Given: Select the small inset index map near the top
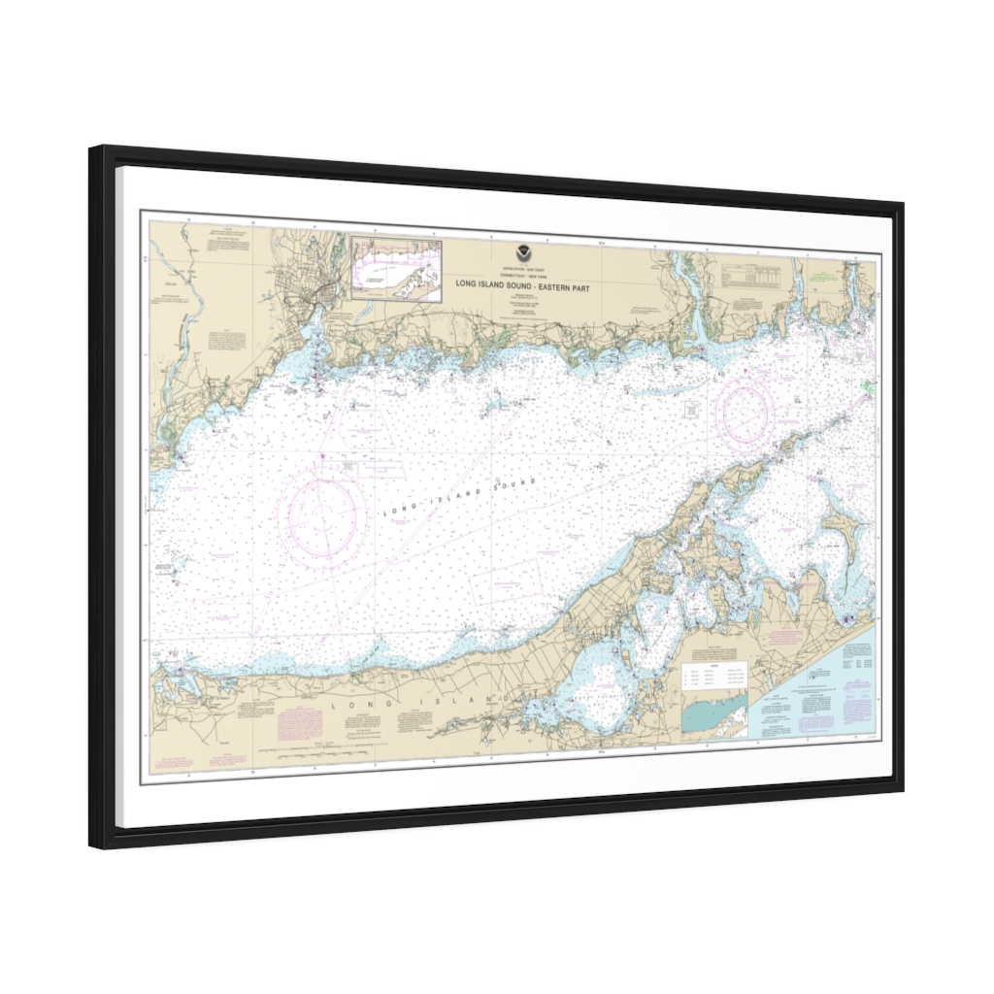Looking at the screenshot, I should (x=396, y=269).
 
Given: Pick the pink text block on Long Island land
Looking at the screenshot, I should (x=294, y=724).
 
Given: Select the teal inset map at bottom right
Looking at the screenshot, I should (x=714, y=714).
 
